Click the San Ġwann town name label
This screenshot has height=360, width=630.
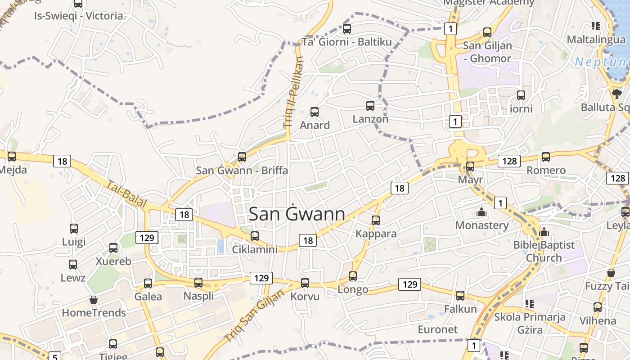click(297, 214)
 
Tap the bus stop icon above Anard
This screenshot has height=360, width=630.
click(315, 112)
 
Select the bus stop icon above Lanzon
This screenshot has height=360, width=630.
click(370, 106)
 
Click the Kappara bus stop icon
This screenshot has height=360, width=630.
click(376, 220)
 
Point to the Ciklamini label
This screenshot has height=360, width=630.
click(255, 249)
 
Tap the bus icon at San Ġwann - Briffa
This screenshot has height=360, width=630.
click(242, 157)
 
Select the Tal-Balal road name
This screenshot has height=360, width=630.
click(127, 194)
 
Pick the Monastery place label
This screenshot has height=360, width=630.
click(482, 225)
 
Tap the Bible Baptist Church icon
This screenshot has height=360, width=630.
click(544, 232)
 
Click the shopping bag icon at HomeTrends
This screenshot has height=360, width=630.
click(94, 300)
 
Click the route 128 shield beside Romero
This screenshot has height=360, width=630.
click(509, 161)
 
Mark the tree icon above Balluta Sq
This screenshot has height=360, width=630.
click(616, 94)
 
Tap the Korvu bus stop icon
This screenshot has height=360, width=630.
click(305, 283)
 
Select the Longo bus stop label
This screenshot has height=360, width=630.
click(353, 289)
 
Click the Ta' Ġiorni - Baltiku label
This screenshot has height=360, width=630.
click(346, 42)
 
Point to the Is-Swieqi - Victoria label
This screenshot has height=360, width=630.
click(79, 16)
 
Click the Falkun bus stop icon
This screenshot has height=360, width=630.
click(460, 296)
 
